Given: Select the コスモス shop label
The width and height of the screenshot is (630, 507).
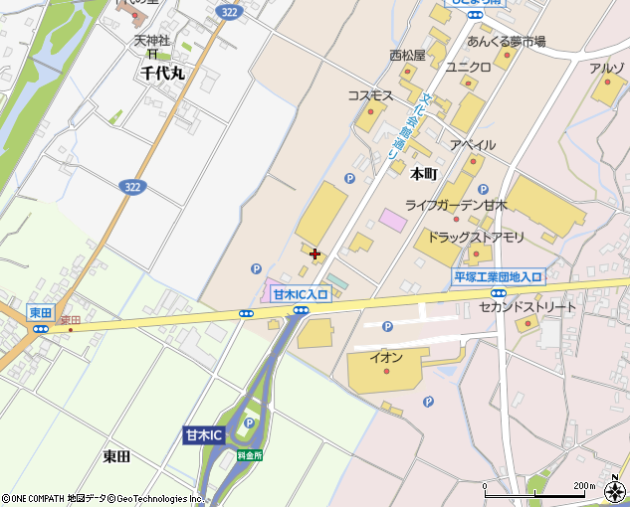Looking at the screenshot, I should click(x=370, y=95).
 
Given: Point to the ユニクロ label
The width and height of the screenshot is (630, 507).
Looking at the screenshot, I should click(x=469, y=68).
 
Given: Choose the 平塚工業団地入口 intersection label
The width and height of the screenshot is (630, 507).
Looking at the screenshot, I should click(x=498, y=277).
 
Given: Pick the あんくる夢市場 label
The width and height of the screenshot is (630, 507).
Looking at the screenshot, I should click(x=507, y=42).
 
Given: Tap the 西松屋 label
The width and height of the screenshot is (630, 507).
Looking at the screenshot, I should click(x=407, y=56).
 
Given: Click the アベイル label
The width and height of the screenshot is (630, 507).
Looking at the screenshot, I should click(x=473, y=145).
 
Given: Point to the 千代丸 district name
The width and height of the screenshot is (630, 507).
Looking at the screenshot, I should click(x=163, y=74).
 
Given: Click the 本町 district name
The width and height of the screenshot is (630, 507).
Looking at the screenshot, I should click(x=424, y=173).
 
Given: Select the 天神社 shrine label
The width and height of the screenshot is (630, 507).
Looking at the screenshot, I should click(x=153, y=41).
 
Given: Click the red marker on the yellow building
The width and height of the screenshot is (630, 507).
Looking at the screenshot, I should click(x=315, y=254).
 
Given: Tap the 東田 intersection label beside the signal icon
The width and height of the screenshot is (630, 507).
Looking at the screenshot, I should click(x=40, y=312).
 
